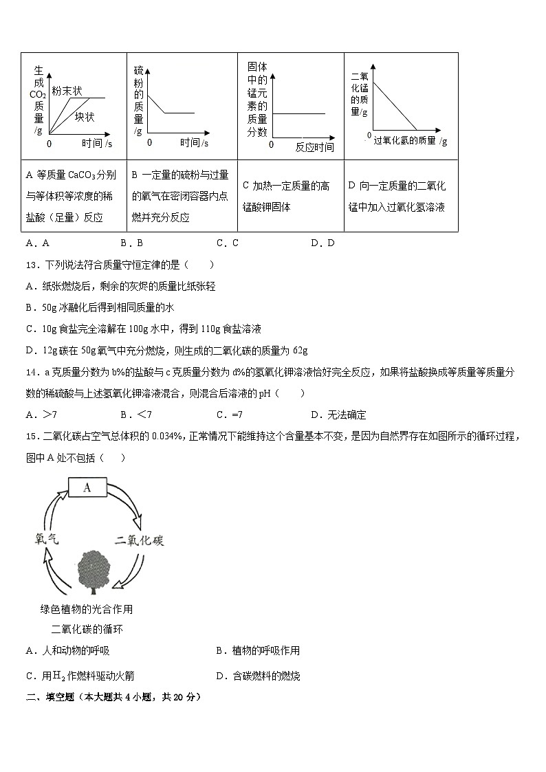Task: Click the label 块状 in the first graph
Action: [x=85, y=117]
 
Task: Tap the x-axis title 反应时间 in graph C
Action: [x=314, y=147]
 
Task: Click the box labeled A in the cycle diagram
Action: [x=87, y=487]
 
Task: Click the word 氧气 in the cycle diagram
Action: [x=46, y=540]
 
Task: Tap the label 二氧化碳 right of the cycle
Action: [x=140, y=540]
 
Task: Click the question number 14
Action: [x=32, y=372]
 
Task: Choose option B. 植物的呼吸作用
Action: [x=258, y=650]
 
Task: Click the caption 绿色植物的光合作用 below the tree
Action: [x=87, y=608]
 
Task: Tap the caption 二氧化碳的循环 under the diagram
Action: [x=87, y=629]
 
